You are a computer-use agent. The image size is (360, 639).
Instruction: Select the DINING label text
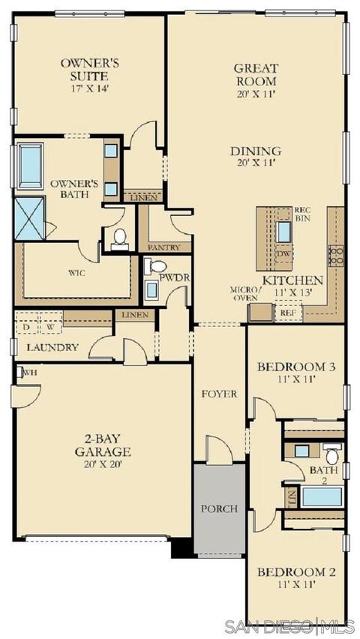[256, 151]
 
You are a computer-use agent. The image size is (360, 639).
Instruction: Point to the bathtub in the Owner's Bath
[30, 166]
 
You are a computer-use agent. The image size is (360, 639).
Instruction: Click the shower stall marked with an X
[29, 218]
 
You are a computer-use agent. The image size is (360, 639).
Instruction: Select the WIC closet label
[77, 273]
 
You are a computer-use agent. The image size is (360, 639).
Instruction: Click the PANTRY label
[164, 247]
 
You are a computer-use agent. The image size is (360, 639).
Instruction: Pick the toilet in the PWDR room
[155, 266]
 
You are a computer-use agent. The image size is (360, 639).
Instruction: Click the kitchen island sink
[283, 232]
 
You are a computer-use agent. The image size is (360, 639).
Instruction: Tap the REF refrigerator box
[288, 312]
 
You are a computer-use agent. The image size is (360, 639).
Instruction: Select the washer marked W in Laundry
[50, 327]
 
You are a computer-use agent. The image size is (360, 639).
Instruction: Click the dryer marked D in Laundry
[26, 327]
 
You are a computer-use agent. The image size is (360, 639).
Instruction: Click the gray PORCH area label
[219, 508]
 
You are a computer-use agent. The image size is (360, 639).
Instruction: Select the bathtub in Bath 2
[322, 496]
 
